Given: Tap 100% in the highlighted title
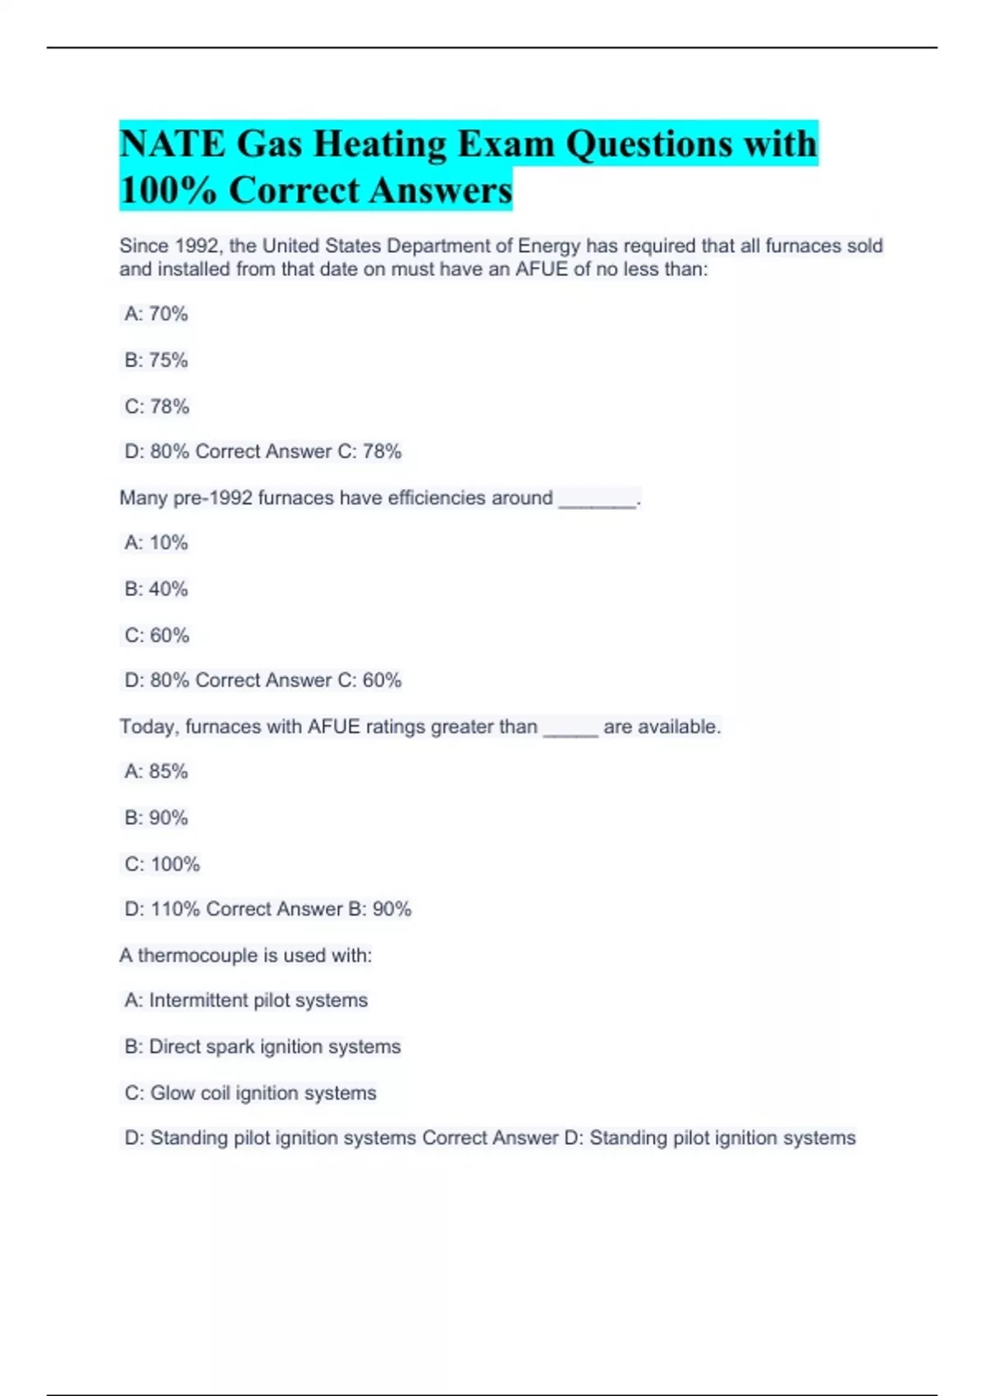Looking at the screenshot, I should [168, 191].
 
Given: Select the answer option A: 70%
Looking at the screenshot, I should [156, 314].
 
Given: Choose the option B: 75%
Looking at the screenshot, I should [156, 360].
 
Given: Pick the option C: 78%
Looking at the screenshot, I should [157, 406].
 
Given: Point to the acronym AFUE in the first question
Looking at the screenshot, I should [541, 269].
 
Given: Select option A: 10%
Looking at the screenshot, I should [156, 543].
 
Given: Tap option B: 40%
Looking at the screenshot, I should [156, 589].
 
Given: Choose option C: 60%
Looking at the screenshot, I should [157, 636].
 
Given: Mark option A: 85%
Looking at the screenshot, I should [156, 772].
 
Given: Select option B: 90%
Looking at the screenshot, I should [156, 818].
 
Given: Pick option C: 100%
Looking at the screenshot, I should [163, 865].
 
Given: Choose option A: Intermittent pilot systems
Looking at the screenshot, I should [246, 1000].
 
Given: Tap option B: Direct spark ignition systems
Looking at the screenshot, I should [263, 1047].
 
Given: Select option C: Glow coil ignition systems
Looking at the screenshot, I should [250, 1093].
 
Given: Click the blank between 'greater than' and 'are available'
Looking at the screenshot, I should [570, 730].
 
